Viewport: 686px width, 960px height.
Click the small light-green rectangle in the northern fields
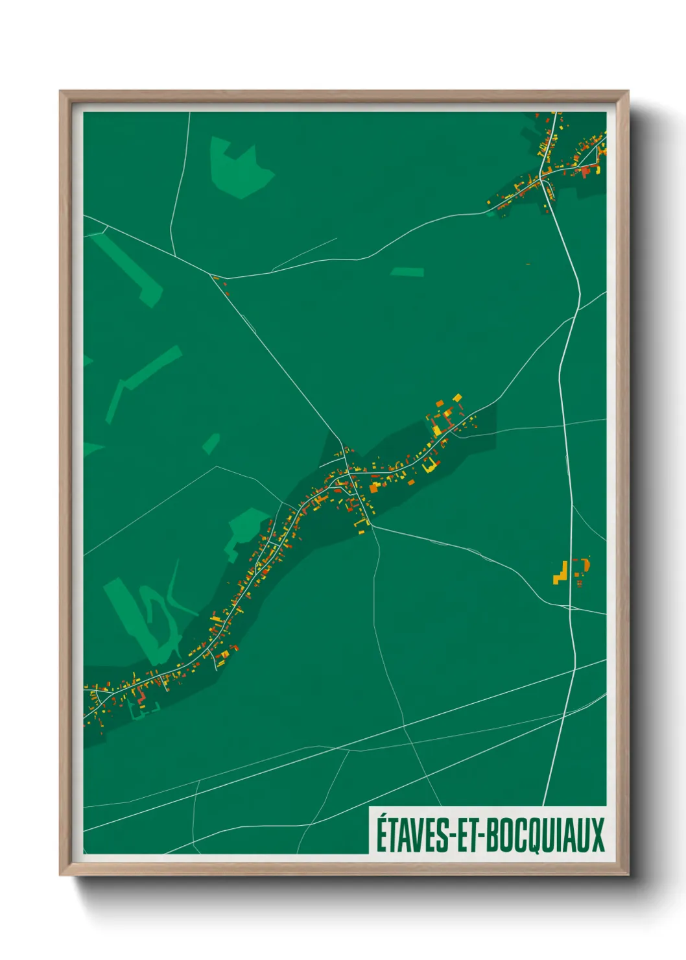pyautogui.click(x=407, y=272)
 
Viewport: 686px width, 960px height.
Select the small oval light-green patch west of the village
pyautogui.click(x=211, y=444)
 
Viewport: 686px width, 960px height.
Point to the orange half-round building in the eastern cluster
pyautogui.click(x=586, y=565)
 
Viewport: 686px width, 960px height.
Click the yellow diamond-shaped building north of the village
pyautogui.click(x=457, y=398)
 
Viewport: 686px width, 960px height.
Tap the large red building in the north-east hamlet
pyautogui.click(x=586, y=171)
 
